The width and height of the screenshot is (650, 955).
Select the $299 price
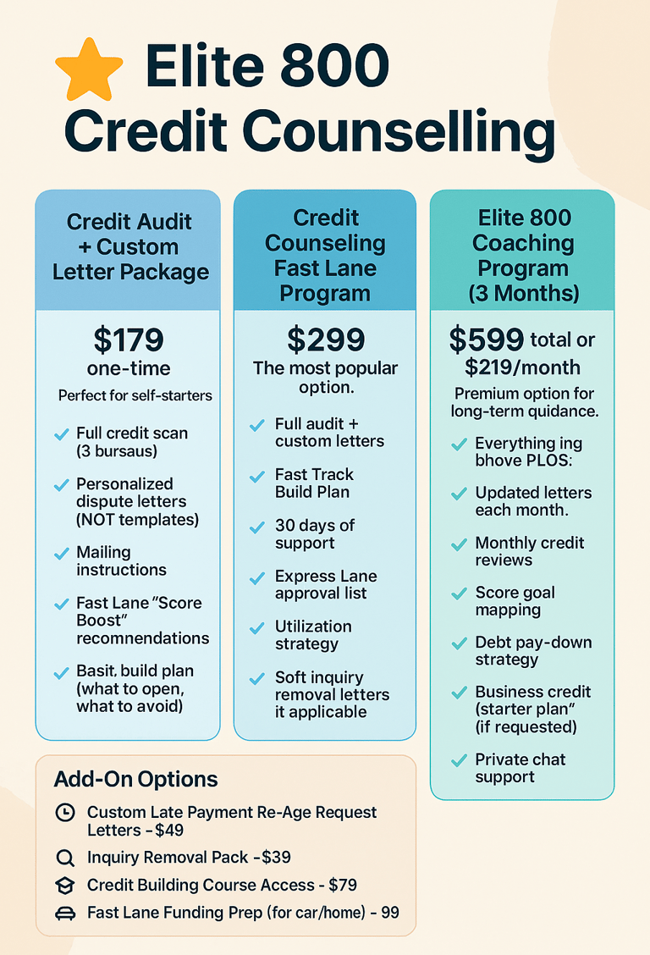click(325, 340)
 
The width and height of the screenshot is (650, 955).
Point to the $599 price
click(486, 340)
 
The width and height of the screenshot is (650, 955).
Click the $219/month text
click(522, 367)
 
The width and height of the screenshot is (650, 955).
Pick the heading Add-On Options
click(135, 779)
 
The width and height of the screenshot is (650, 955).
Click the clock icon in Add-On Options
click(64, 813)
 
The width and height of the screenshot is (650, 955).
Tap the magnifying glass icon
click(64, 858)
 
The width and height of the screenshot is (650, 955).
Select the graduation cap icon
click(64, 886)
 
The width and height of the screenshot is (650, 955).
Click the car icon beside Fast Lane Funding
click(64, 914)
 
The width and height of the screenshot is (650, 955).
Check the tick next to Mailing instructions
click(61, 554)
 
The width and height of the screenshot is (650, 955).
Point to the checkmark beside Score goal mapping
click(459, 594)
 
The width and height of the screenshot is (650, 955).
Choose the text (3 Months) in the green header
click(522, 294)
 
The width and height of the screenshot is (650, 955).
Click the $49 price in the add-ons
click(169, 831)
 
